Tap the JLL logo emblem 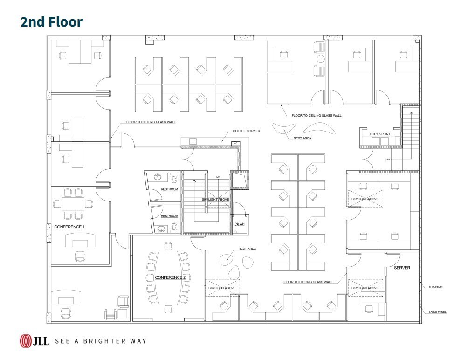point(26,341)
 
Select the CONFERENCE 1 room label point(69,227)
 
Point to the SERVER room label point(402,268)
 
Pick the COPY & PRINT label point(380,134)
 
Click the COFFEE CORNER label point(247,131)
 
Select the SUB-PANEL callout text point(436,287)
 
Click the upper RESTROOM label point(170,189)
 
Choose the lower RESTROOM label point(170,216)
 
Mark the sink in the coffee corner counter point(193,141)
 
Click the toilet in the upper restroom point(174,179)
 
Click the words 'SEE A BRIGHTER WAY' point(100,341)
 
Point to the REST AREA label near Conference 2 point(247,249)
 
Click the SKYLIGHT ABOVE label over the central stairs point(214,199)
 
